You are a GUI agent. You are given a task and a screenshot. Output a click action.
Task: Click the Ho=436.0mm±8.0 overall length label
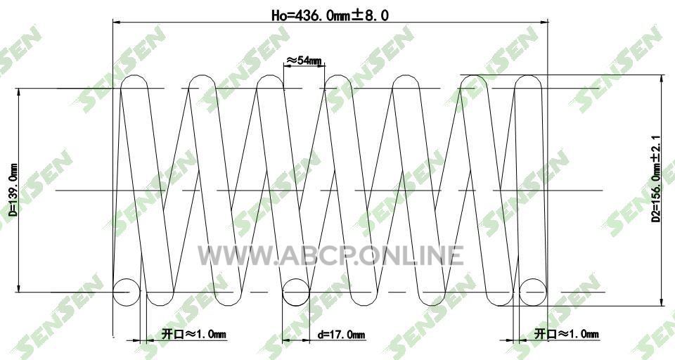coord(330,15)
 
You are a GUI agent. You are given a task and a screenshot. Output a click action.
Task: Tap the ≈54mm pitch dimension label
coord(304,60)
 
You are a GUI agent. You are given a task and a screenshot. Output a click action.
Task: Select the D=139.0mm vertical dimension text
coord(13,190)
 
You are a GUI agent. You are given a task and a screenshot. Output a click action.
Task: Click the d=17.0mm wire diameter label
coord(341,335)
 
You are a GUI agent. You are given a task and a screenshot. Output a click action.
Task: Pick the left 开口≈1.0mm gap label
coord(194,334)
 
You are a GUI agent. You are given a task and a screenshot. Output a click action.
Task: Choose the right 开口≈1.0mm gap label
coord(567,334)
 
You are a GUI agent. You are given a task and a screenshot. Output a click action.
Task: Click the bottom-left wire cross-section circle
coord(127,292)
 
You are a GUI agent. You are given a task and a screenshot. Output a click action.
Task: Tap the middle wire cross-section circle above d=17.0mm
coord(296,292)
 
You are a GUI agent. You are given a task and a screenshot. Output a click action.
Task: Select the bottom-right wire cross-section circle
coord(533,292)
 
